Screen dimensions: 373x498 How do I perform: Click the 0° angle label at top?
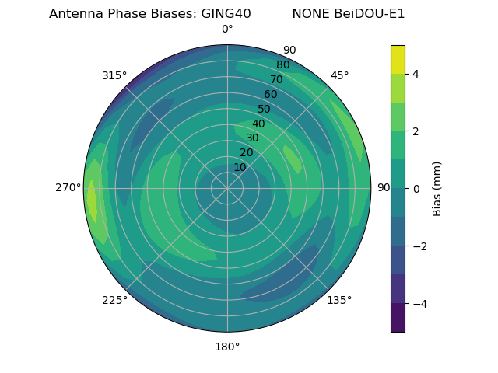click(x=227, y=30)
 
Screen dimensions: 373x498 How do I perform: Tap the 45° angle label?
click(x=339, y=75)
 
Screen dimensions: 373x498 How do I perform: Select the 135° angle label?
click(x=339, y=300)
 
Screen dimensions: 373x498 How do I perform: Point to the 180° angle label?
click(x=227, y=347)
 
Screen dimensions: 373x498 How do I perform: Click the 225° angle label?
click(x=114, y=300)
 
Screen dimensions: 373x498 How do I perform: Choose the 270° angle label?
click(x=68, y=187)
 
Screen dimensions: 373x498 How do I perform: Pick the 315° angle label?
click(x=114, y=75)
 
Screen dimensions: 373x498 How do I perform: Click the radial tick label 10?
click(x=240, y=167)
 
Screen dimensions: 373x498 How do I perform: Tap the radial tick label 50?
click(x=265, y=110)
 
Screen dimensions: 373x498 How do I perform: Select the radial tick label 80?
click(x=283, y=65)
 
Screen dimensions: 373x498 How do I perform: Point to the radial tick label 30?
click(x=252, y=138)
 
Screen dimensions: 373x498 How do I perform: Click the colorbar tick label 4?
click(x=416, y=74)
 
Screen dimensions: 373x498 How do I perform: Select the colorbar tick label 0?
click(x=416, y=189)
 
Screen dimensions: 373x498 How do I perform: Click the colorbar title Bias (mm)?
click(x=437, y=188)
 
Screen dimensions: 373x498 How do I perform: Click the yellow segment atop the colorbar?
click(x=398, y=59)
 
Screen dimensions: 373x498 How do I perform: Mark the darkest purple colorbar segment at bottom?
click(x=398, y=318)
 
